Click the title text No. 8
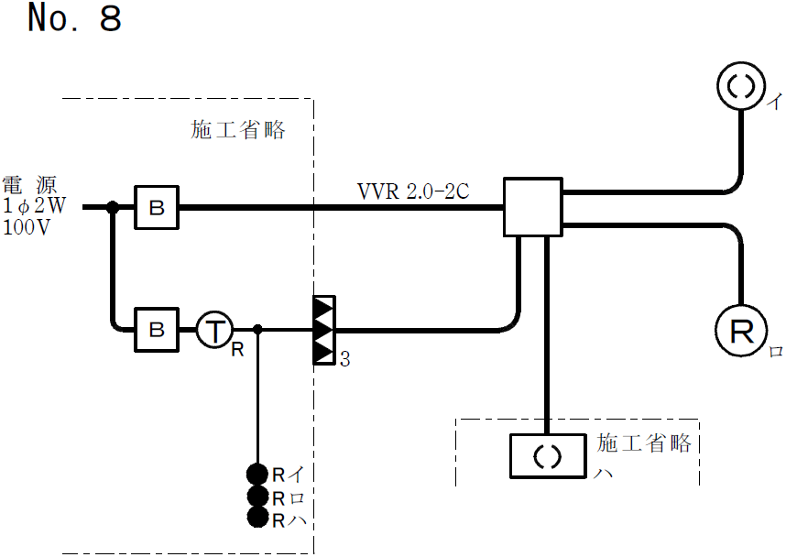pyautogui.click(x=74, y=19)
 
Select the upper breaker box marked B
pyautogui.click(x=157, y=208)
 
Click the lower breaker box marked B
pyautogui.click(x=157, y=329)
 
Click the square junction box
pyautogui.click(x=532, y=208)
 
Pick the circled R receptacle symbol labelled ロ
pyautogui.click(x=740, y=331)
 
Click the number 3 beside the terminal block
pyautogui.click(x=345, y=360)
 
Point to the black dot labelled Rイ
pyautogui.click(x=257, y=474)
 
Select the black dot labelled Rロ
pyautogui.click(x=257, y=496)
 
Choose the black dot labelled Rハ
pyautogui.click(x=257, y=518)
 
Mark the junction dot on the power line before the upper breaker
pyautogui.click(x=113, y=208)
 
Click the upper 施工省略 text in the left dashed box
pyautogui.click(x=238, y=130)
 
